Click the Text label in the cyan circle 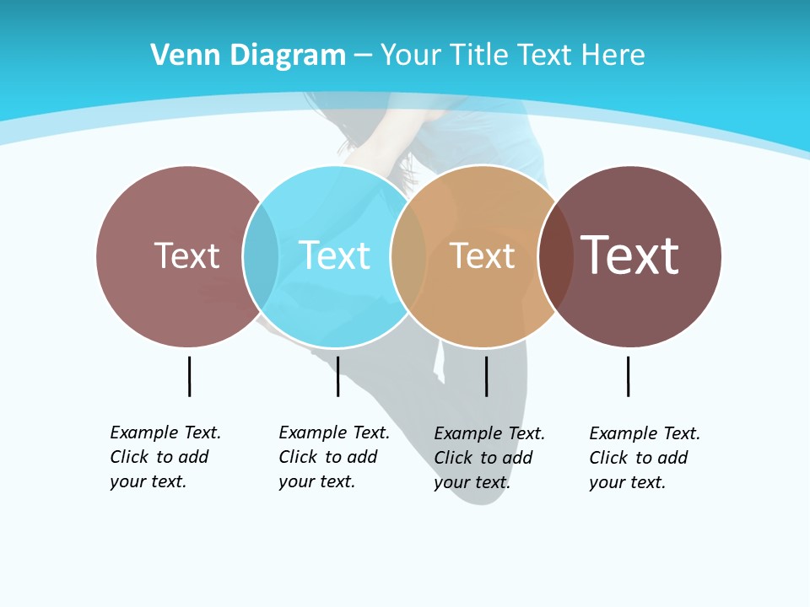(x=335, y=255)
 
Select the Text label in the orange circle (x=482, y=255)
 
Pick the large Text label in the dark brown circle (x=630, y=255)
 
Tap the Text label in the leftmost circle (x=186, y=255)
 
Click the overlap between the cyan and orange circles (x=408, y=255)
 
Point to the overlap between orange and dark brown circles (x=556, y=255)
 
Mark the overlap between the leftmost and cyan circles (x=261, y=255)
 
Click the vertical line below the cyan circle (x=337, y=376)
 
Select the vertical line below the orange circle (x=486, y=376)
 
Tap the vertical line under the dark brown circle (x=628, y=376)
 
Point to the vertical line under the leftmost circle (x=189, y=376)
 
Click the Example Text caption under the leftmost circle (x=165, y=457)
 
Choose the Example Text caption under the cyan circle (x=334, y=457)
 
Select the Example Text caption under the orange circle (x=489, y=458)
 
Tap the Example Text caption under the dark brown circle (x=645, y=458)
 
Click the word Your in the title (x=410, y=55)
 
